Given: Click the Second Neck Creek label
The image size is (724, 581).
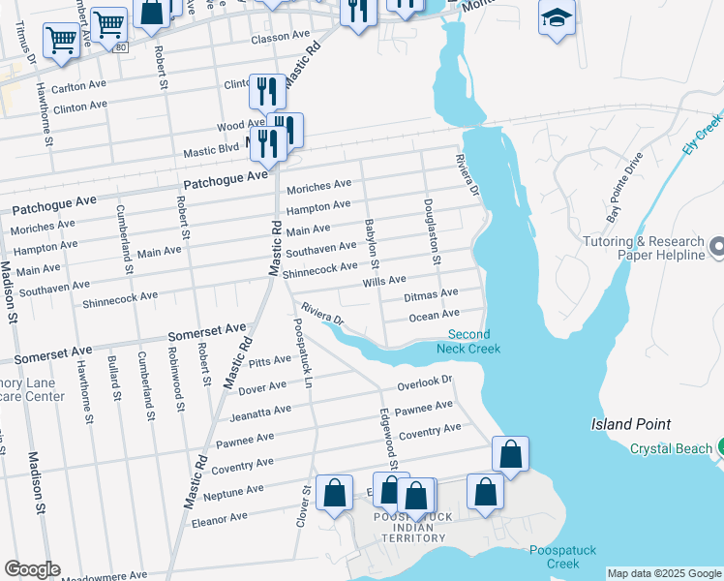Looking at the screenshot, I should click(468, 341).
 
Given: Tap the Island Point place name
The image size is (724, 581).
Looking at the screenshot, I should click(631, 425).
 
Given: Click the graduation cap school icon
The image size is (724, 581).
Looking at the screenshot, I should click(557, 18).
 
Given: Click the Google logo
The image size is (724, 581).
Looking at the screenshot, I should click(32, 569).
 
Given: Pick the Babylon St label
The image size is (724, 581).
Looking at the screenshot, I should click(372, 244).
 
